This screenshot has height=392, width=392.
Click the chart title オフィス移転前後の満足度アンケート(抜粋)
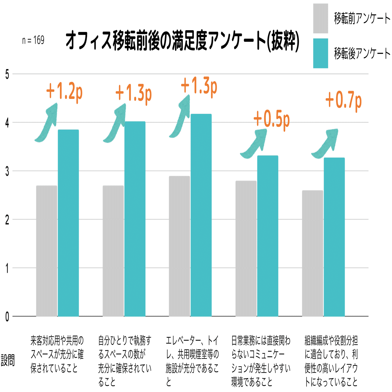tap(182, 41)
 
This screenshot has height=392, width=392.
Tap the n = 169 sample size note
tap(33, 40)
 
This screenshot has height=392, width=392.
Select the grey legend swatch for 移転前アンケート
tap(321, 18)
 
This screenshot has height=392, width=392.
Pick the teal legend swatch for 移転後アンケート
tap(321, 53)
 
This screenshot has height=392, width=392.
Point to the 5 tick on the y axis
tap(7, 74)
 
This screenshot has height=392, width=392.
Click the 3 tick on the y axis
tap(7, 171)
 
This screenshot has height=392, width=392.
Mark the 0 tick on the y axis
tap(7, 317)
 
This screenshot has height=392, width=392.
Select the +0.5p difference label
tap(271, 119)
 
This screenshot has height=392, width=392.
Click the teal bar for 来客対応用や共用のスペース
tap(68, 223)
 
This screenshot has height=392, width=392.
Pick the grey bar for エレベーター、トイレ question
tap(179, 246)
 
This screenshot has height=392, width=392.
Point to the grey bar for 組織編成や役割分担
tap(312, 253)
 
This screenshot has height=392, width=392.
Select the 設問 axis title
tap(8, 360)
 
